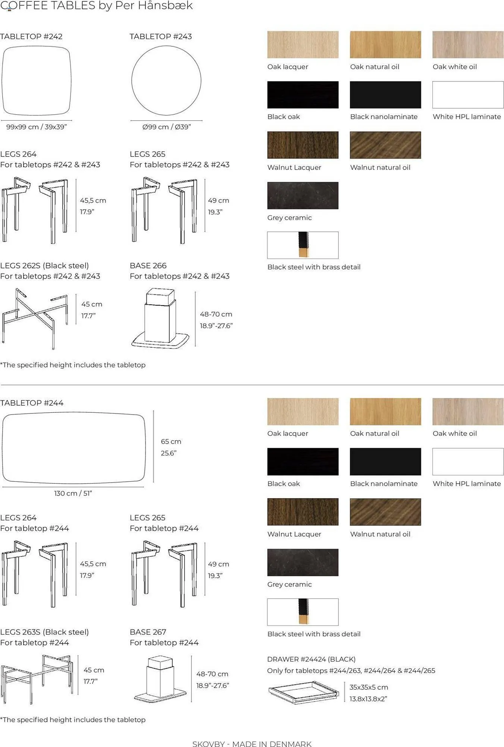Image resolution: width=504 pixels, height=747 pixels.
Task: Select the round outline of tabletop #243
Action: point(132,81)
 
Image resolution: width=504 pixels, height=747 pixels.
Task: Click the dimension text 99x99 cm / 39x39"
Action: point(37,127)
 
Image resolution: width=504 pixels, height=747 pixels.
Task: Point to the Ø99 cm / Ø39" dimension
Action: point(166,127)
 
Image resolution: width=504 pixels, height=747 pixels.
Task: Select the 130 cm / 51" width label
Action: point(73,493)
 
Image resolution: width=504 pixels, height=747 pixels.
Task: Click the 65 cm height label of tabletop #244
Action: point(171,441)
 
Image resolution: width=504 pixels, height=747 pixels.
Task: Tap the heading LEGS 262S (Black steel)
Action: point(44,266)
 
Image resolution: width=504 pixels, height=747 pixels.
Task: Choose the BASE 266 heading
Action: point(148,266)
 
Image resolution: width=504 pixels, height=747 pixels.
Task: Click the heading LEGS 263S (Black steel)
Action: point(44,632)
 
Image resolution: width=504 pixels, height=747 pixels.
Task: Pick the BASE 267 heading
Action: point(148,632)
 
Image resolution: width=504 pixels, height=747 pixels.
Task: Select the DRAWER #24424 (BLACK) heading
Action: point(312,659)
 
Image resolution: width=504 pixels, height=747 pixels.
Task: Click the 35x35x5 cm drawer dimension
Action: point(369,687)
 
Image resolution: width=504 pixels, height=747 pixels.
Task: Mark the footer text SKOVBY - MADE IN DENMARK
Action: point(252,744)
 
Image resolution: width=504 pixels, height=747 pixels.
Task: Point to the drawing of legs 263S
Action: point(37,679)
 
